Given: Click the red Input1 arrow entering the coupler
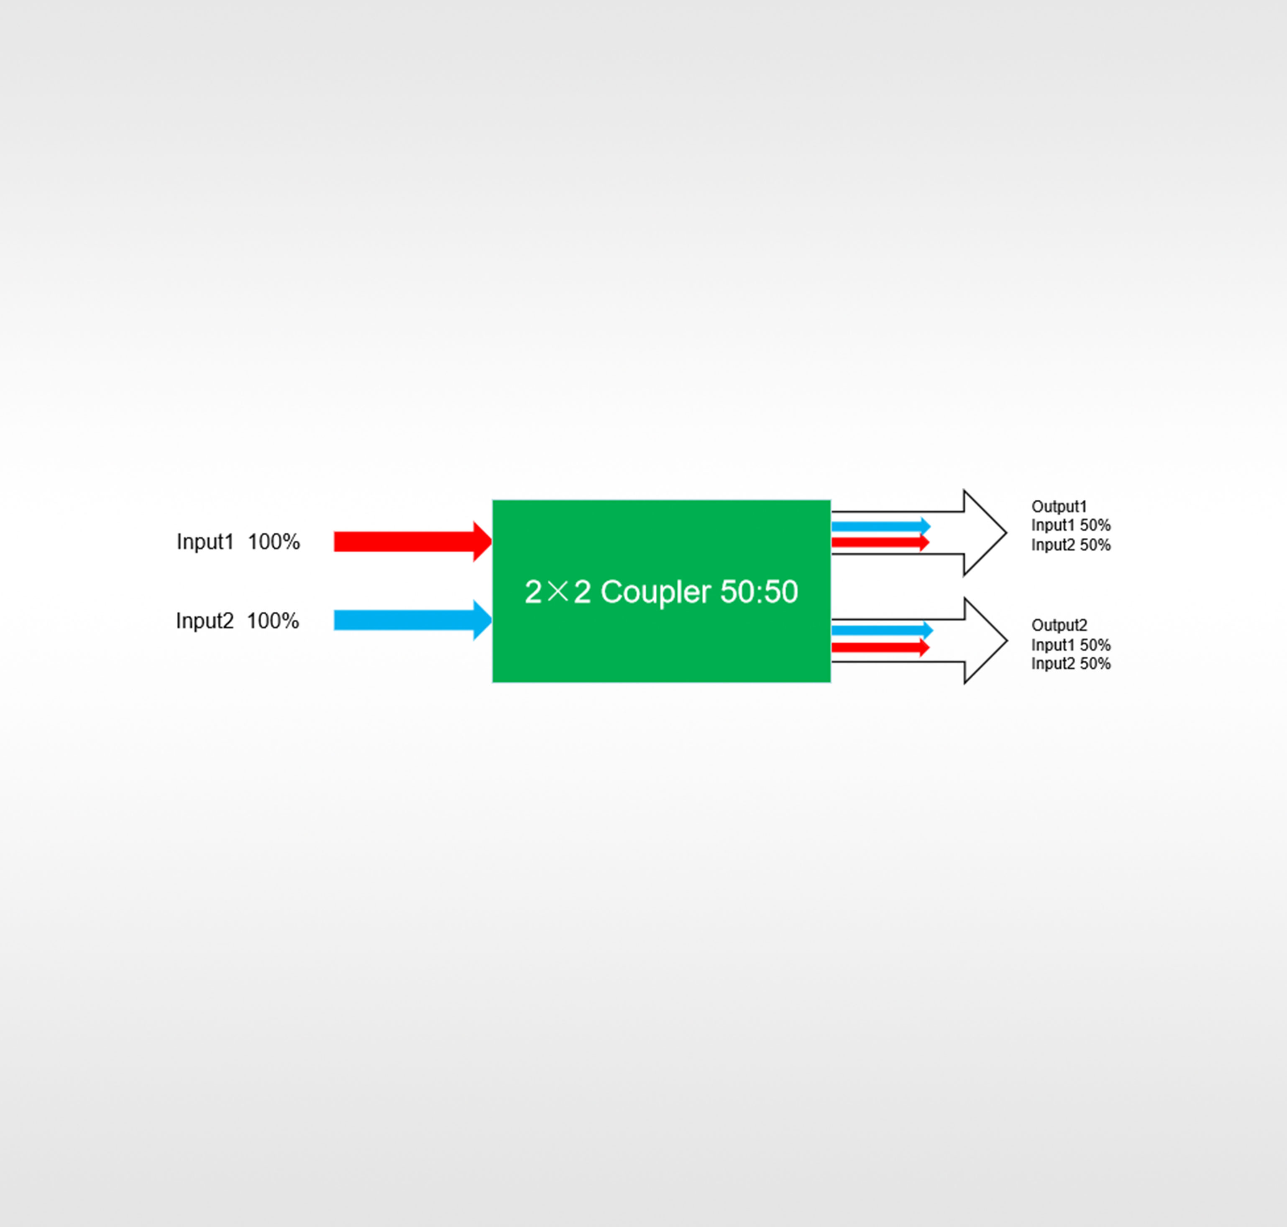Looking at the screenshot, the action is point(413,542).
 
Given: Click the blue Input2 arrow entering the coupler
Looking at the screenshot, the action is point(413,620).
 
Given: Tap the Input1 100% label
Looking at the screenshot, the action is point(238,542).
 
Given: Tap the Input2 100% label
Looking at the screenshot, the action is point(238,621).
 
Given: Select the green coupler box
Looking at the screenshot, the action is point(662,591).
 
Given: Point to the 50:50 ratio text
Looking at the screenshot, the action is point(759,592).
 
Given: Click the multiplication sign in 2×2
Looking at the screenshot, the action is point(558,592).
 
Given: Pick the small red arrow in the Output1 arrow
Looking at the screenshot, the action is point(881,542).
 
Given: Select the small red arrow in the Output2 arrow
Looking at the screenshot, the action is point(881,647).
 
